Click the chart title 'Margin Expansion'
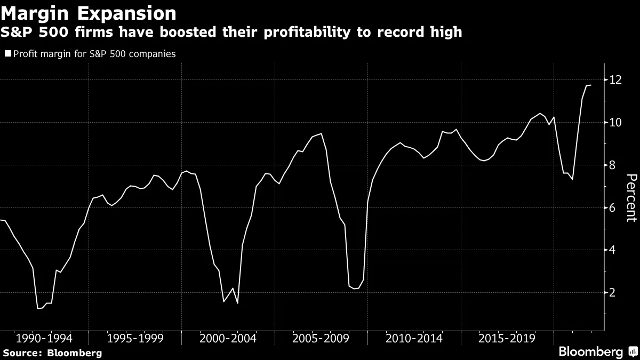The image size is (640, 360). tap(89, 12)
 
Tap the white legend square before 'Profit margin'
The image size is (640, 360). tap(7, 54)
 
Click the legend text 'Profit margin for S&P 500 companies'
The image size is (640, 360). tap(94, 54)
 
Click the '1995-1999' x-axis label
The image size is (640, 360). tap(135, 339)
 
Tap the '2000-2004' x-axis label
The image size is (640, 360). tap(228, 339)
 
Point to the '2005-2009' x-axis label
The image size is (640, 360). tap(321, 339)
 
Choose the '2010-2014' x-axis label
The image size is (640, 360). tap(414, 339)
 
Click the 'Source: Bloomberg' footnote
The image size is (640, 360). tap(52, 353)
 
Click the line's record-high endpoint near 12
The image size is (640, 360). tap(590, 85)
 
